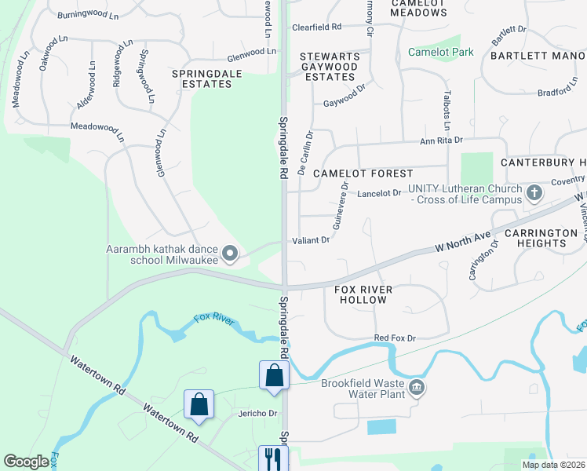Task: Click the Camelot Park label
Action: (x=440, y=53)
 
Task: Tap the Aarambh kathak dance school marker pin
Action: (x=230, y=253)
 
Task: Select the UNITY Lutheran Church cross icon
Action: (x=534, y=192)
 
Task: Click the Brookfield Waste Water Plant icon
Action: (x=417, y=386)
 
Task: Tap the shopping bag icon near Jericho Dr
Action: (x=199, y=404)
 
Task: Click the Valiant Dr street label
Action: (x=311, y=240)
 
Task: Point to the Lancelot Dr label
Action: (x=380, y=193)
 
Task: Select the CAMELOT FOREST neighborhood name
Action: (x=363, y=173)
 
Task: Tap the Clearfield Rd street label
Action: (x=317, y=27)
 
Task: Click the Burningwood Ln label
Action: (x=88, y=14)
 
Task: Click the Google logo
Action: (x=26, y=462)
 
